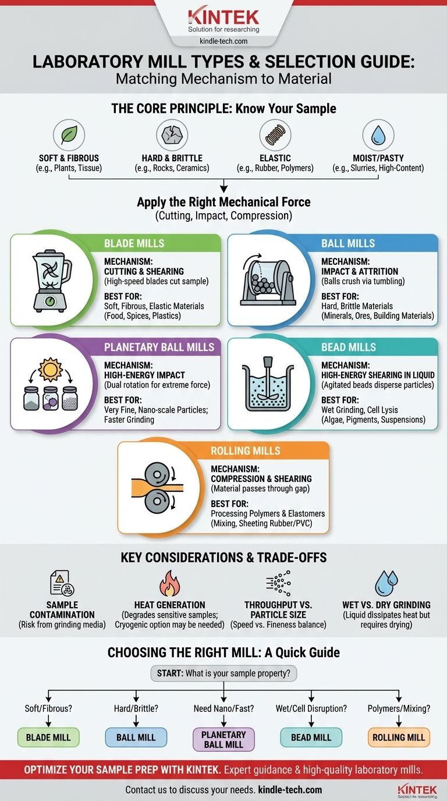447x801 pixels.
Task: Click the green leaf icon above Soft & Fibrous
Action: pyautogui.click(x=69, y=135)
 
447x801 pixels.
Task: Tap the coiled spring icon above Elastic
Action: pyautogui.click(x=275, y=135)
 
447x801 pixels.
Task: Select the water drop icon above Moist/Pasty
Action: pyautogui.click(x=378, y=136)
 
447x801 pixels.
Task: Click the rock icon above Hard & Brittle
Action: pyautogui.click(x=172, y=135)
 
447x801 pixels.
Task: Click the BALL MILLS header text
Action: pyautogui.click(x=348, y=243)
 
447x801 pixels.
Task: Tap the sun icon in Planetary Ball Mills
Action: pyautogui.click(x=50, y=369)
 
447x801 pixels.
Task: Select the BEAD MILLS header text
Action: pyautogui.click(x=349, y=347)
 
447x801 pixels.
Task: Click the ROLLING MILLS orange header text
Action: pyautogui.click(x=245, y=451)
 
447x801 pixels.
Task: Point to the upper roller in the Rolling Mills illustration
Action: pyautogui.click(x=157, y=474)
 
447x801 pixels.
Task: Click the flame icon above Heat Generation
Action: pyautogui.click(x=169, y=583)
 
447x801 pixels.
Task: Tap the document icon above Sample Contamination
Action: pyautogui.click(x=62, y=583)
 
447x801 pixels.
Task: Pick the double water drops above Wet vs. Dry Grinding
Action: pyautogui.click(x=386, y=583)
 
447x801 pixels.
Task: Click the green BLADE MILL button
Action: pyautogui.click(x=48, y=738)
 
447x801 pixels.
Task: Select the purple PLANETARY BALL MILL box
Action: pyautogui.click(x=223, y=740)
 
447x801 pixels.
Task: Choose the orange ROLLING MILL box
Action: pyautogui.click(x=399, y=738)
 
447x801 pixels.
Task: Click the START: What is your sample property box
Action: pyautogui.click(x=224, y=674)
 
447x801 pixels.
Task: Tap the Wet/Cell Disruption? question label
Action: pyautogui.click(x=311, y=708)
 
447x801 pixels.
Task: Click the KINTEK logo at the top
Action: pyautogui.click(x=223, y=17)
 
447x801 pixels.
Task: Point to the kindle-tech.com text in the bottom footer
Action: pyautogui.click(x=290, y=789)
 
